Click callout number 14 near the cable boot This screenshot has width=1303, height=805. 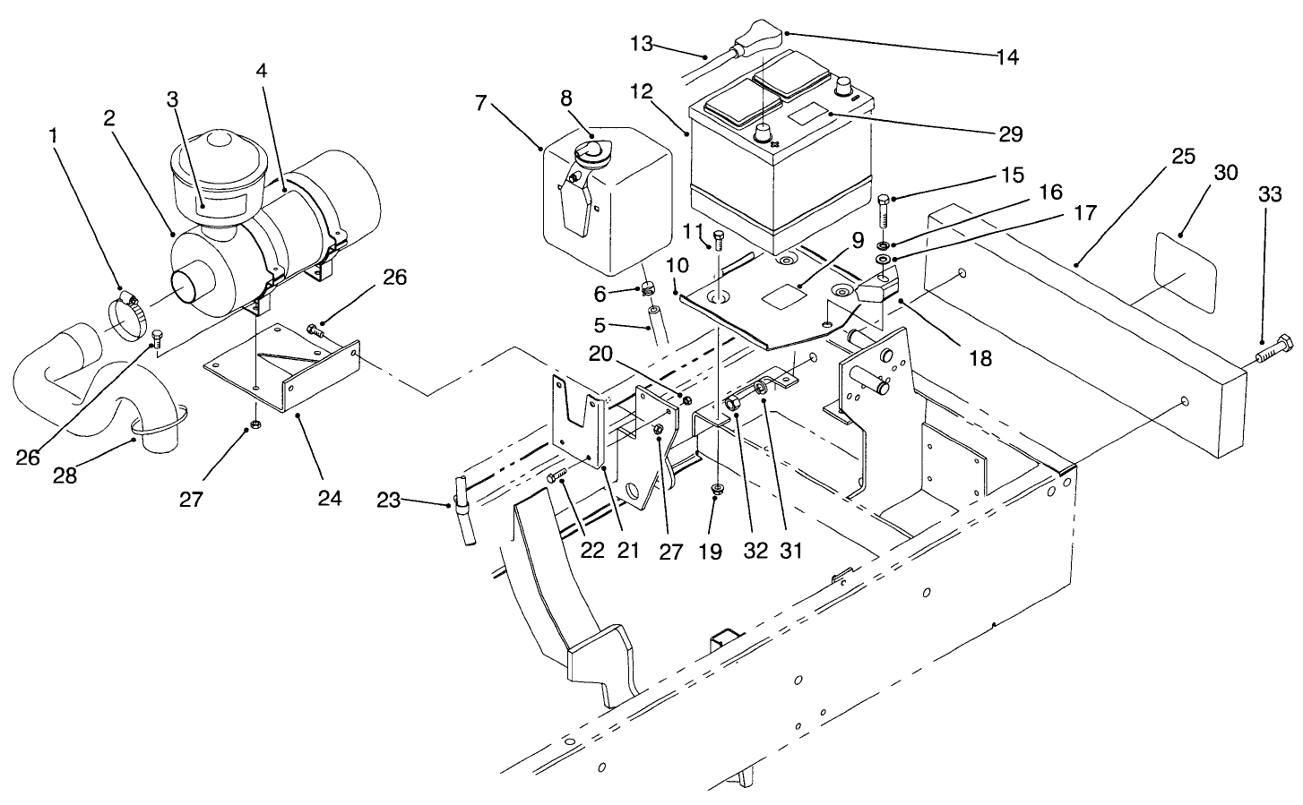(x=1007, y=57)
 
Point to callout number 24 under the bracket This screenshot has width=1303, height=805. (x=330, y=497)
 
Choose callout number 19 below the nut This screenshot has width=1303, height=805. (x=710, y=551)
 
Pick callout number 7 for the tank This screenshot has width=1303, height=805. (x=482, y=102)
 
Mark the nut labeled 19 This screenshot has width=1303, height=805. (x=718, y=488)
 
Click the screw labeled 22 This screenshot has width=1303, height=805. (x=557, y=475)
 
